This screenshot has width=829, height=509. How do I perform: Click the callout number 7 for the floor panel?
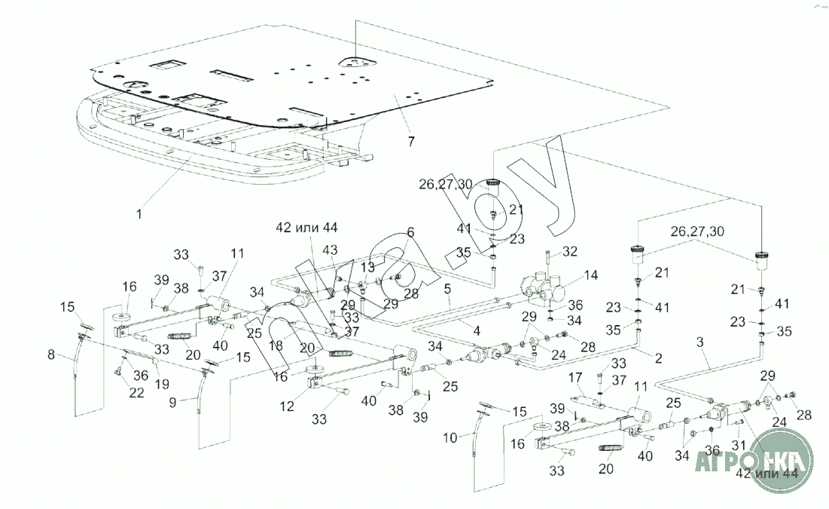410,141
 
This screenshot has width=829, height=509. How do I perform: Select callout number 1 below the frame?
139,214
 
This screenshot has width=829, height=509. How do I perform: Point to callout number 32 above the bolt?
570,250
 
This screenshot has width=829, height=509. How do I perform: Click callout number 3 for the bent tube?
700,342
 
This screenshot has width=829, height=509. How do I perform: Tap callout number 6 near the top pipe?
411,232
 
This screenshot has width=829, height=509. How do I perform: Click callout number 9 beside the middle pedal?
172,403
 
